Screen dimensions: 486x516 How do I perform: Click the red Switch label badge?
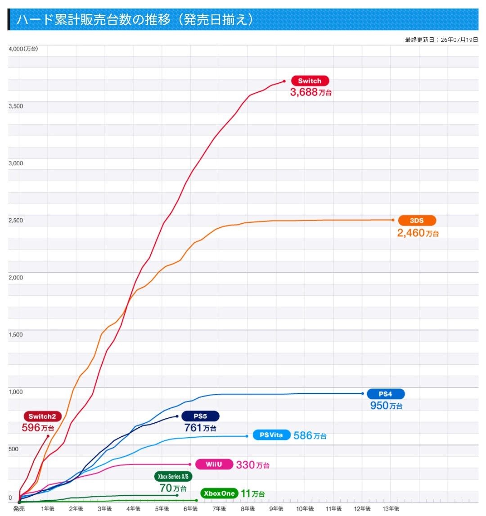click(x=310, y=81)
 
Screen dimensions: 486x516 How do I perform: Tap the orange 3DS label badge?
click(x=417, y=221)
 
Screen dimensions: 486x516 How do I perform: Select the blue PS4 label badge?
click(x=385, y=394)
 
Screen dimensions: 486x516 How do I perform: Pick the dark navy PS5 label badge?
click(x=200, y=416)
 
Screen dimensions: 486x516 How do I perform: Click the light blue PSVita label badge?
click(x=271, y=435)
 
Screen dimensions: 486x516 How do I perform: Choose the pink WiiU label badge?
click(x=214, y=464)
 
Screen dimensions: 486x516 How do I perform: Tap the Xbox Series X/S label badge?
click(x=173, y=476)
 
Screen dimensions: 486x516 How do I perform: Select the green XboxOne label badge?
click(x=219, y=493)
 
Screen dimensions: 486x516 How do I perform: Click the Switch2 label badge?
click(x=42, y=416)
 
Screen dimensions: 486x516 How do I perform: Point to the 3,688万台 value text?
click(x=311, y=92)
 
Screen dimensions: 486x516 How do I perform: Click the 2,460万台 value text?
click(x=418, y=233)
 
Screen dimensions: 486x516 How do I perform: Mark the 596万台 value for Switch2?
click(x=38, y=428)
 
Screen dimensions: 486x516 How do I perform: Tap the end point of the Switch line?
click(x=284, y=81)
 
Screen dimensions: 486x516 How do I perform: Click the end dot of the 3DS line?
click(x=393, y=220)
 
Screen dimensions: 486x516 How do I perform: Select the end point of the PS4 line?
click(x=363, y=394)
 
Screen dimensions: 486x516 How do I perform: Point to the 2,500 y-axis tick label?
click(x=16, y=221)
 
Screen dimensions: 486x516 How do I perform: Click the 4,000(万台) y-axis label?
click(x=23, y=49)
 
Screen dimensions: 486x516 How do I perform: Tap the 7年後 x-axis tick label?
click(x=219, y=509)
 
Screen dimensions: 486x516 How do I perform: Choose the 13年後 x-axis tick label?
click(x=391, y=509)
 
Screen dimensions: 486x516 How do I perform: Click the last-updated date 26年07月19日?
click(x=459, y=40)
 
